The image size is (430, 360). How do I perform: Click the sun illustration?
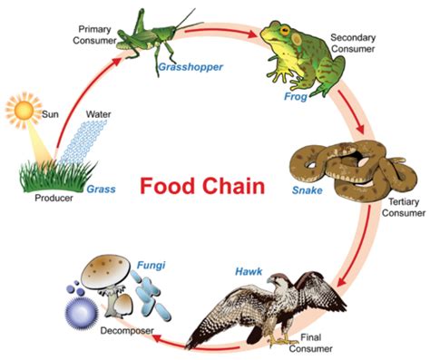point(22,112)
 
